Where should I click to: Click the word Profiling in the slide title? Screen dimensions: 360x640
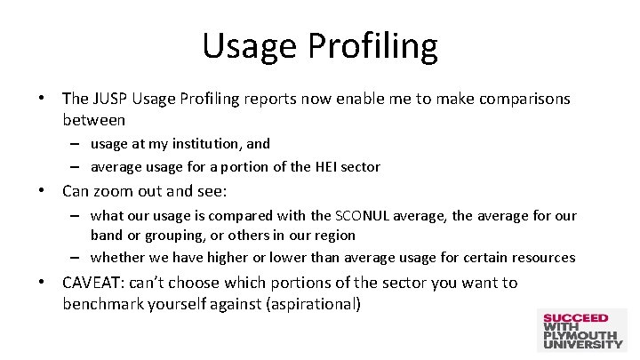point(380,46)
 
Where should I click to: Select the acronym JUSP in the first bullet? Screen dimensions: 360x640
point(111,99)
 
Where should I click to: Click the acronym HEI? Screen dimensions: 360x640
point(329,166)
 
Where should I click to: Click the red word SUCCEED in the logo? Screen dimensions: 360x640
point(576,318)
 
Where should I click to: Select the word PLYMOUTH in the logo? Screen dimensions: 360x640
point(582,335)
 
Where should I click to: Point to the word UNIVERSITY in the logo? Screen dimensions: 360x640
point(583,344)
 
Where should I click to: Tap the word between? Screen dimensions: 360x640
point(93,118)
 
